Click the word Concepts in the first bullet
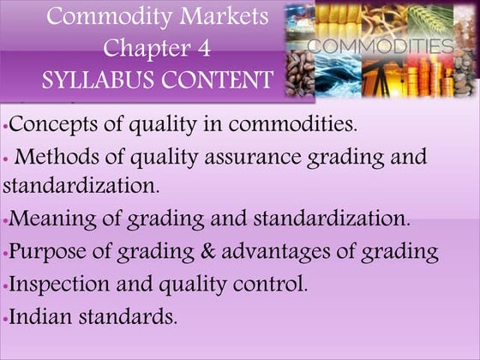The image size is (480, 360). pos(50,124)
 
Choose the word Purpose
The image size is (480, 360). pos(47,252)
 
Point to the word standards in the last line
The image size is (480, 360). pos(129,315)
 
